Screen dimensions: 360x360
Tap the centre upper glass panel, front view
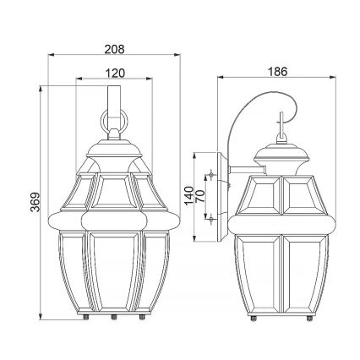[113, 195]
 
